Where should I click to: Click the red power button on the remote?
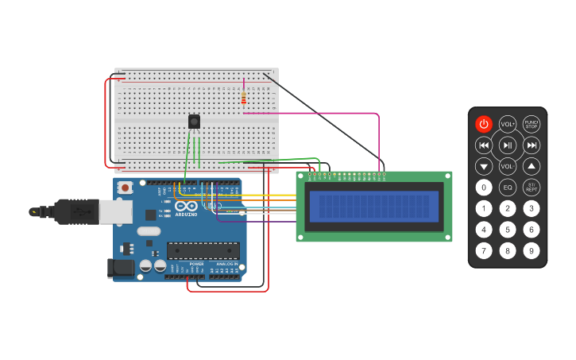point(484,124)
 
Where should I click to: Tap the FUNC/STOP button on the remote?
point(532,124)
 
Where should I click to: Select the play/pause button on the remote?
point(508,145)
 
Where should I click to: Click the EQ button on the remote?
point(508,188)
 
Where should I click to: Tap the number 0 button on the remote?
point(484,188)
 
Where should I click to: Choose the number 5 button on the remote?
point(508,230)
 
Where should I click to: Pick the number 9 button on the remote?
point(532,251)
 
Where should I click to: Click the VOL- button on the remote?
point(508,167)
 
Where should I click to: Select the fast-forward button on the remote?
point(532,145)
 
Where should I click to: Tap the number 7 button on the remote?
point(484,251)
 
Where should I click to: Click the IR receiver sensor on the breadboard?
point(194,122)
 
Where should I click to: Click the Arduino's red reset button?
point(125,188)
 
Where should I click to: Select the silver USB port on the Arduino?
point(116,211)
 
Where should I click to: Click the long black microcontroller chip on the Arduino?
point(203,250)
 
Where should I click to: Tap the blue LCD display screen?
point(373,207)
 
